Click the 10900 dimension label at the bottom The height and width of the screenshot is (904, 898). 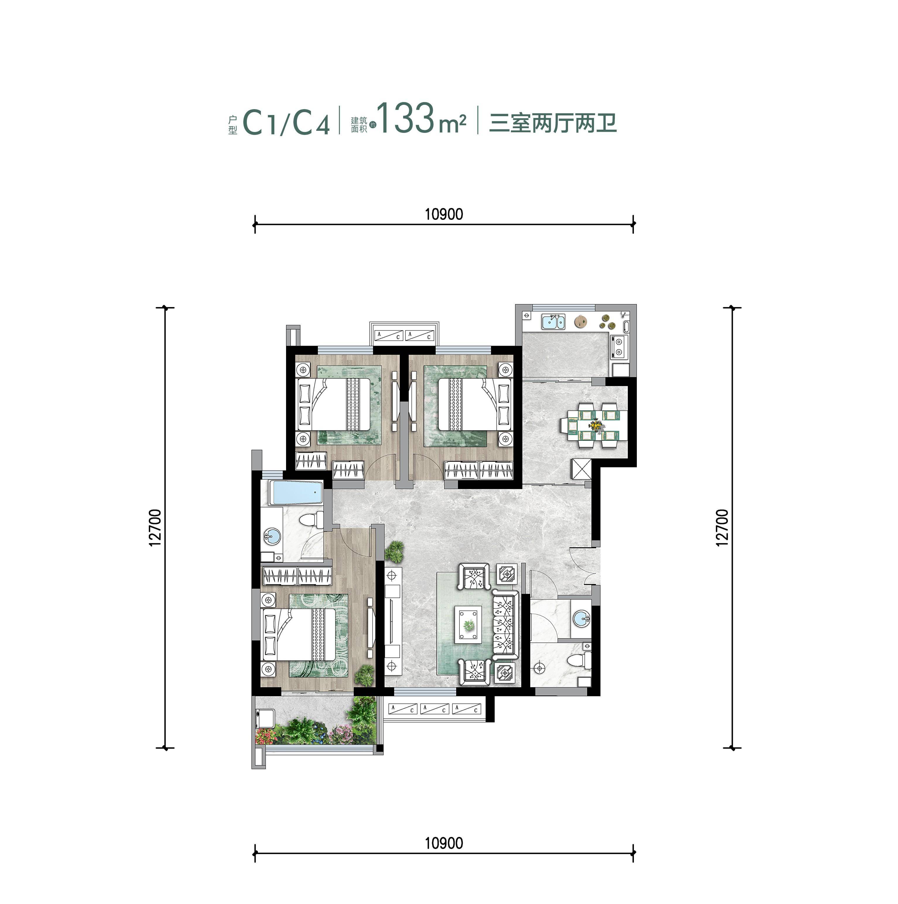(x=443, y=843)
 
